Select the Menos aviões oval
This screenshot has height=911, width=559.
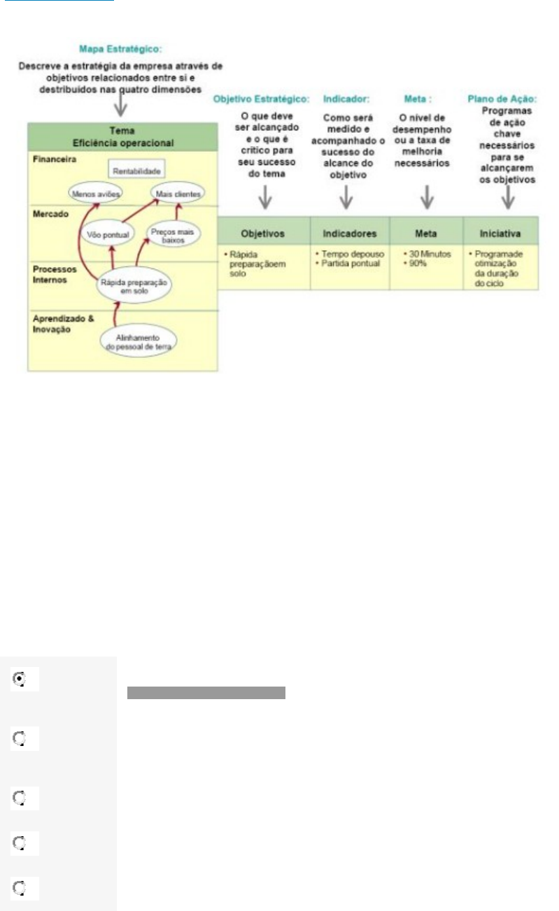(97, 194)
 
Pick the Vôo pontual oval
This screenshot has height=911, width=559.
(108, 234)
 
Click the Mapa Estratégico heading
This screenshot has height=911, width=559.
(120, 50)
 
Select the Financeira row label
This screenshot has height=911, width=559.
(53, 159)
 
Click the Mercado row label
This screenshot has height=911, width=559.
(48, 214)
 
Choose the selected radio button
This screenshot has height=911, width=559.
(19, 678)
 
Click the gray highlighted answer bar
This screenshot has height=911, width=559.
(206, 693)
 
